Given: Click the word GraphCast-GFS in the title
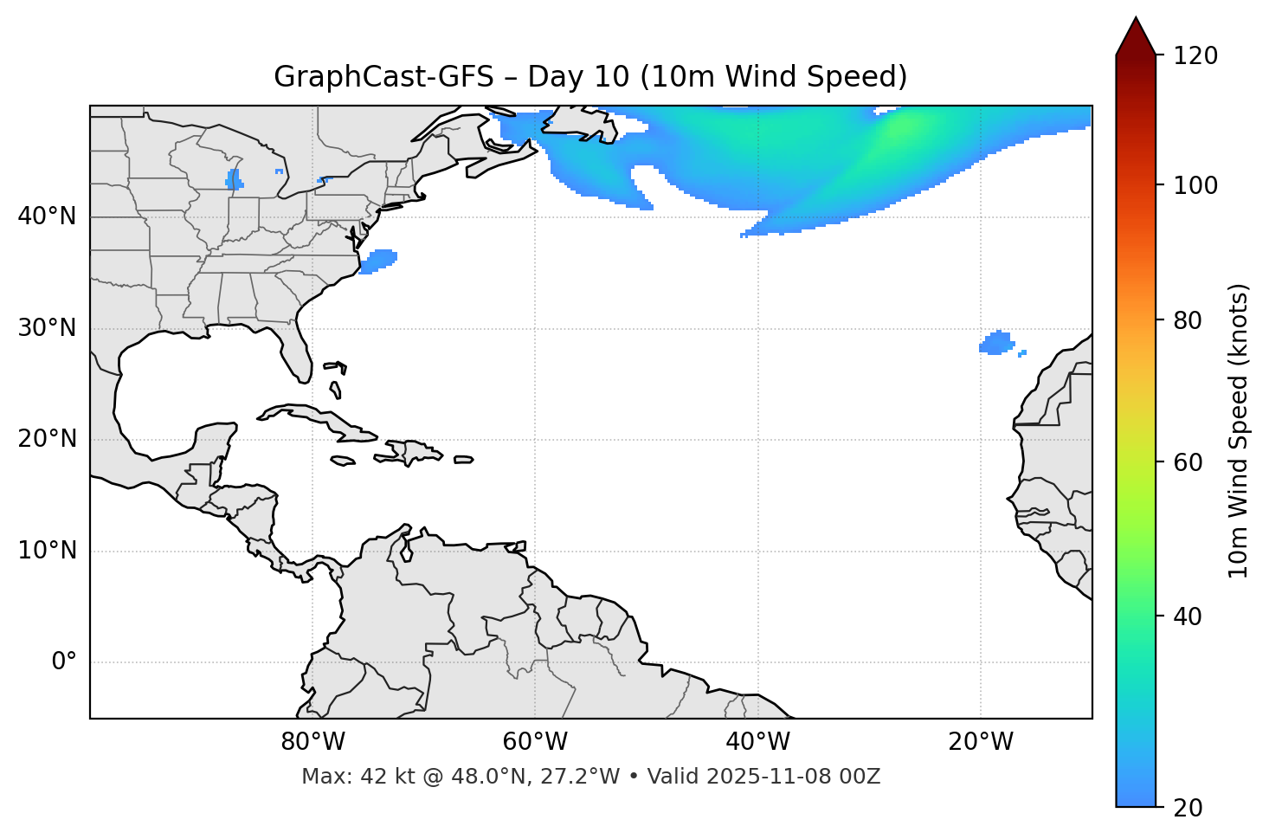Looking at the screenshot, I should [383, 77].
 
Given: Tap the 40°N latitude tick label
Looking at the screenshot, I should [47, 216].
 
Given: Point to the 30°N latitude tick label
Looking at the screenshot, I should [47, 328].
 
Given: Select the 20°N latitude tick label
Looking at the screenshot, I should [47, 439].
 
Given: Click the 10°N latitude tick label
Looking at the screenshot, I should [47, 551].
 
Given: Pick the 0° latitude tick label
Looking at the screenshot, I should [63, 662].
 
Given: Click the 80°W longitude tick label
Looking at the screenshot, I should [312, 742].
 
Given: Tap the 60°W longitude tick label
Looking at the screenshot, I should [535, 742].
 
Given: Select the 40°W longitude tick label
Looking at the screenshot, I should [757, 742].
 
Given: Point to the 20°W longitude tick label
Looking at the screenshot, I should [980, 742].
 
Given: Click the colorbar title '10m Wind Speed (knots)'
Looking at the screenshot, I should [1239, 430].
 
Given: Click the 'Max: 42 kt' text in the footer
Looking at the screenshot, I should [343, 777].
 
